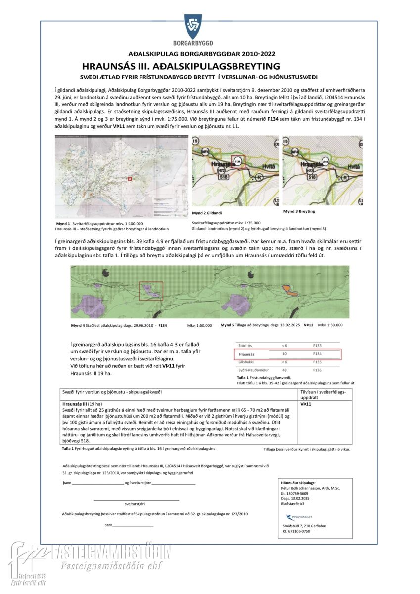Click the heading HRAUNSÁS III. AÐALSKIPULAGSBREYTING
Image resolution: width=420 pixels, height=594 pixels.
point(181,66)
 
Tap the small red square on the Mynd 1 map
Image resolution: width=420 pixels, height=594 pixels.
point(130,179)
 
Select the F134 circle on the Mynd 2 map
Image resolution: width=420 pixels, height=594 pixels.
point(238,161)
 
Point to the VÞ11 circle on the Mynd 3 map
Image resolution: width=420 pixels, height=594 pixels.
point(326,161)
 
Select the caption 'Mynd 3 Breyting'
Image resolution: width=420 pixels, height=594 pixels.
point(299,211)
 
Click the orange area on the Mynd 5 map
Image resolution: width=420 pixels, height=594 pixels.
point(288,290)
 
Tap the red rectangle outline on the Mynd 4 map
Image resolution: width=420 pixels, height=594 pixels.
point(151,291)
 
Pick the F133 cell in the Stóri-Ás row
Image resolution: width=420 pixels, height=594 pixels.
point(317,345)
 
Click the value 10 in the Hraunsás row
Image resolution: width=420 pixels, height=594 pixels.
point(284,354)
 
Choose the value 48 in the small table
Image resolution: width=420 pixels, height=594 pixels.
point(284,370)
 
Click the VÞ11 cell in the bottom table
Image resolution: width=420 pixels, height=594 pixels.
point(307,404)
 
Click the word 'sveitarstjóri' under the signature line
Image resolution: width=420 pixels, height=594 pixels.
point(135,504)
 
